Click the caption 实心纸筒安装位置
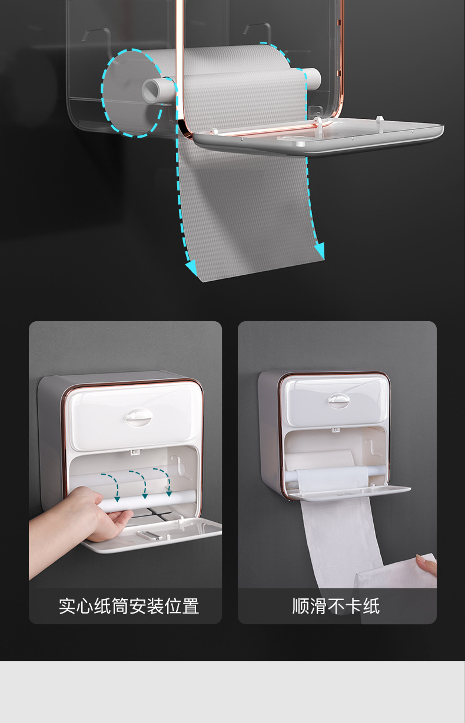[x=129, y=606]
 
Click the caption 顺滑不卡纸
[x=336, y=606]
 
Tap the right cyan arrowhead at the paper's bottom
[x=320, y=250]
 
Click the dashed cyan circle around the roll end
[x=102, y=94]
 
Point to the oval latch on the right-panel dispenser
[x=338, y=401]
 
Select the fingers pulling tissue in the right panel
[x=427, y=564]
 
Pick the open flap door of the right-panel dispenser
[x=348, y=492]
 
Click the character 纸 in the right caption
[x=371, y=606]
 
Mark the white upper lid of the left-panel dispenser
[x=132, y=417]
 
